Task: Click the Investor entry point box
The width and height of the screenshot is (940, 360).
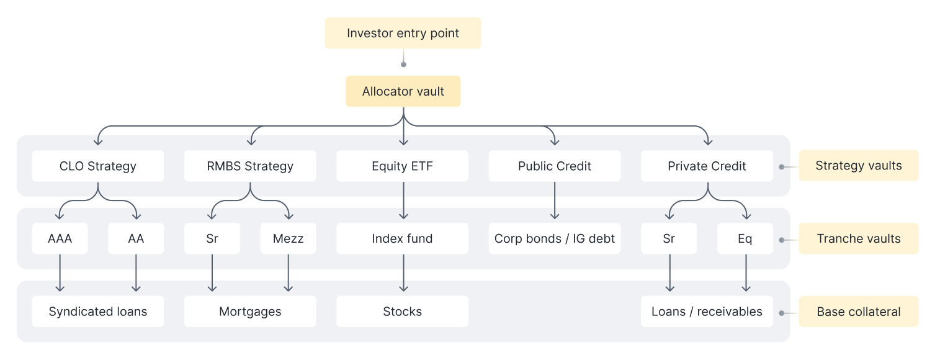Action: (x=403, y=33)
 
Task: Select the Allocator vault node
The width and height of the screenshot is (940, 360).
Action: (x=403, y=91)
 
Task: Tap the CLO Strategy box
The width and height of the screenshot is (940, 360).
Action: (x=98, y=166)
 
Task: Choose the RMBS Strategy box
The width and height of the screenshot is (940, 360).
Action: (x=250, y=166)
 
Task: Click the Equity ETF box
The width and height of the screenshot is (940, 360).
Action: (x=403, y=166)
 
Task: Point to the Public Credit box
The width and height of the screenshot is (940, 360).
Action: (x=555, y=166)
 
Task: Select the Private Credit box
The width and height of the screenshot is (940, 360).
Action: (x=707, y=166)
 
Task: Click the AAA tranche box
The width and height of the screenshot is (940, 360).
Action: (x=60, y=238)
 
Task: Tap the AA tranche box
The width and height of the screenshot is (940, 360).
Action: (x=136, y=238)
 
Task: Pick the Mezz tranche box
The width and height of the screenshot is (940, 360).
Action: (x=288, y=238)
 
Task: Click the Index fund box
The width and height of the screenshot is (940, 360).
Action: (x=403, y=238)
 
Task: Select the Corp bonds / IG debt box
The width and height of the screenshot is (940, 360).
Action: (x=555, y=238)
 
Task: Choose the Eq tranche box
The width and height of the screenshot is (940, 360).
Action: (x=745, y=238)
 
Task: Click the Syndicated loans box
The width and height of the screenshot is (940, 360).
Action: (x=98, y=312)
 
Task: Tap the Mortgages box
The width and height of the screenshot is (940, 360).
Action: (x=250, y=312)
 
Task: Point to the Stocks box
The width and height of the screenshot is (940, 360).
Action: (x=403, y=312)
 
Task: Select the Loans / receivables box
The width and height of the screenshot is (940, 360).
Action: (x=707, y=312)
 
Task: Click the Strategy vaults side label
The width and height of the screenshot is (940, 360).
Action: (x=858, y=166)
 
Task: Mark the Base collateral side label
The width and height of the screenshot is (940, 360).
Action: (x=858, y=312)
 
